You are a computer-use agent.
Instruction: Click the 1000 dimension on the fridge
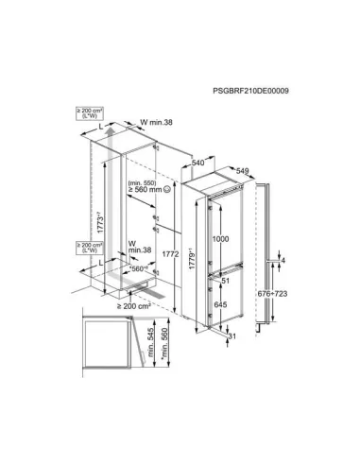(219, 240)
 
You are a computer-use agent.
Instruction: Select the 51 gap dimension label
(225, 280)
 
